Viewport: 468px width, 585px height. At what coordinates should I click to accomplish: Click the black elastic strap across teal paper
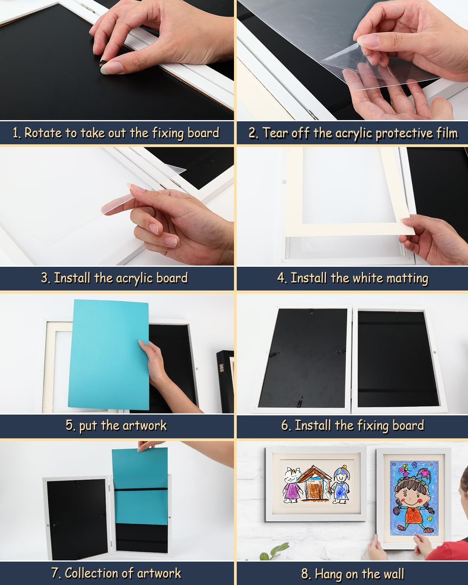(140, 489)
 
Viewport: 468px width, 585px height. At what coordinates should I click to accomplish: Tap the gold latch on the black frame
(222, 368)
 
